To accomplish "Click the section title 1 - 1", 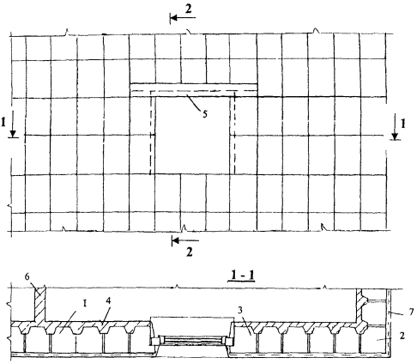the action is [241, 276].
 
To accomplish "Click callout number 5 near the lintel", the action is [205, 114].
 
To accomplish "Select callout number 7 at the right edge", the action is [411, 312].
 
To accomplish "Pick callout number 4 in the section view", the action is [108, 300].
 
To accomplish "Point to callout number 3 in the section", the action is [241, 310].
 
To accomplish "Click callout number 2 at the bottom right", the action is [402, 336].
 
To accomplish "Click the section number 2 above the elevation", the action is [188, 9].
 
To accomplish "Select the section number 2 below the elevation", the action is [189, 252].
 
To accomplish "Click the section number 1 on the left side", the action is [3, 123].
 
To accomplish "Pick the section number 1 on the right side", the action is [403, 124].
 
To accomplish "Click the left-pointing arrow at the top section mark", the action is [183, 18].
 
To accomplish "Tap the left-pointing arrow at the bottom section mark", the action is [185, 240].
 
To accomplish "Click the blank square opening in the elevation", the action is [192, 135].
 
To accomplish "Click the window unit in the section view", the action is [192, 341].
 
